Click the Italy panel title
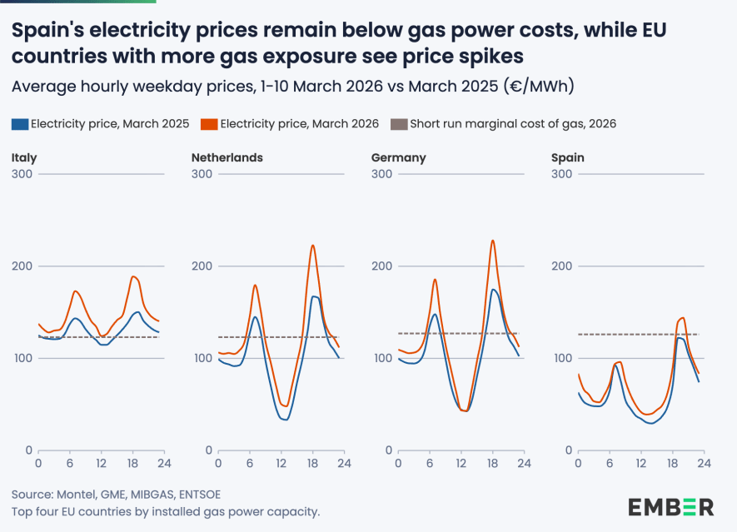[24, 157]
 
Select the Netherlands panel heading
[227, 157]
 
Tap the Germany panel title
[399, 157]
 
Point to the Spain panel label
[568, 157]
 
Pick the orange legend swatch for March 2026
[209, 124]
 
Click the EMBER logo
[670, 506]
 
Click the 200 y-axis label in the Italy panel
[22, 266]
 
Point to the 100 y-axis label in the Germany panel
[382, 358]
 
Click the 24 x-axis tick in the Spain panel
[703, 464]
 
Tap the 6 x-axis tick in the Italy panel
[69, 464]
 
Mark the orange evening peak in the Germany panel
[492, 241]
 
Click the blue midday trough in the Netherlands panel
[284, 419]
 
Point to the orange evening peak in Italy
[133, 276]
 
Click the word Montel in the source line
[76, 494]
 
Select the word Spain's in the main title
[47, 32]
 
